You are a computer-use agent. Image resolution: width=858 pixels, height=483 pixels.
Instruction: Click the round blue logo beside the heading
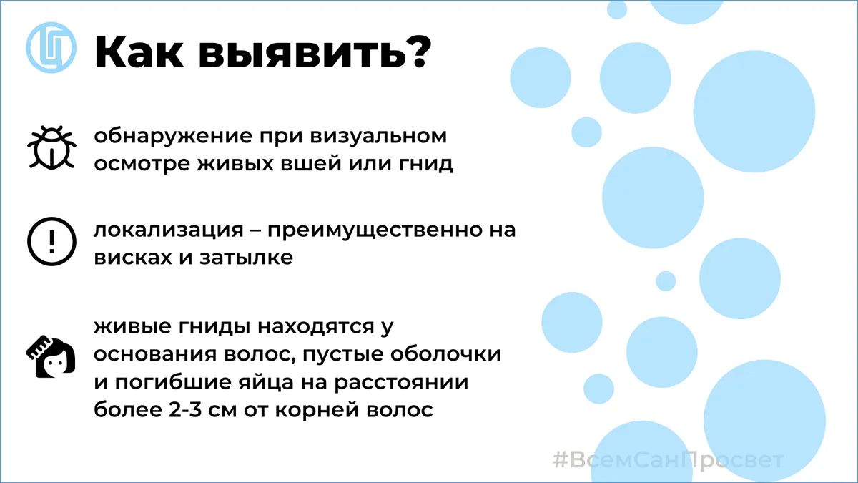[51, 47]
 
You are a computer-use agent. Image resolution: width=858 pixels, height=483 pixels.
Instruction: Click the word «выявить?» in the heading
[315, 52]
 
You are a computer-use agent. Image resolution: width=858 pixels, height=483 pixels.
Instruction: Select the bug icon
[51, 147]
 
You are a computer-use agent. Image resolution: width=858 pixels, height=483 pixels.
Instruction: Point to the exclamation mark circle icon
[51, 242]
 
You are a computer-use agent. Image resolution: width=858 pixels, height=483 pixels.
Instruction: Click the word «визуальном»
[378, 137]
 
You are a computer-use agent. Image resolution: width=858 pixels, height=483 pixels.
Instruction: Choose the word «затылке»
[246, 258]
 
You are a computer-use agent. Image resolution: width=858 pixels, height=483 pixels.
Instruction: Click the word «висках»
[133, 258]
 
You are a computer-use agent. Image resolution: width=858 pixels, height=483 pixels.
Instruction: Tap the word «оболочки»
[446, 353]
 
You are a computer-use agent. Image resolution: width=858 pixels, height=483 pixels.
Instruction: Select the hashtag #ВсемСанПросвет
[669, 460]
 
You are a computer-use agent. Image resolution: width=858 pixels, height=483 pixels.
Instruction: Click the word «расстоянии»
[401, 383]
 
